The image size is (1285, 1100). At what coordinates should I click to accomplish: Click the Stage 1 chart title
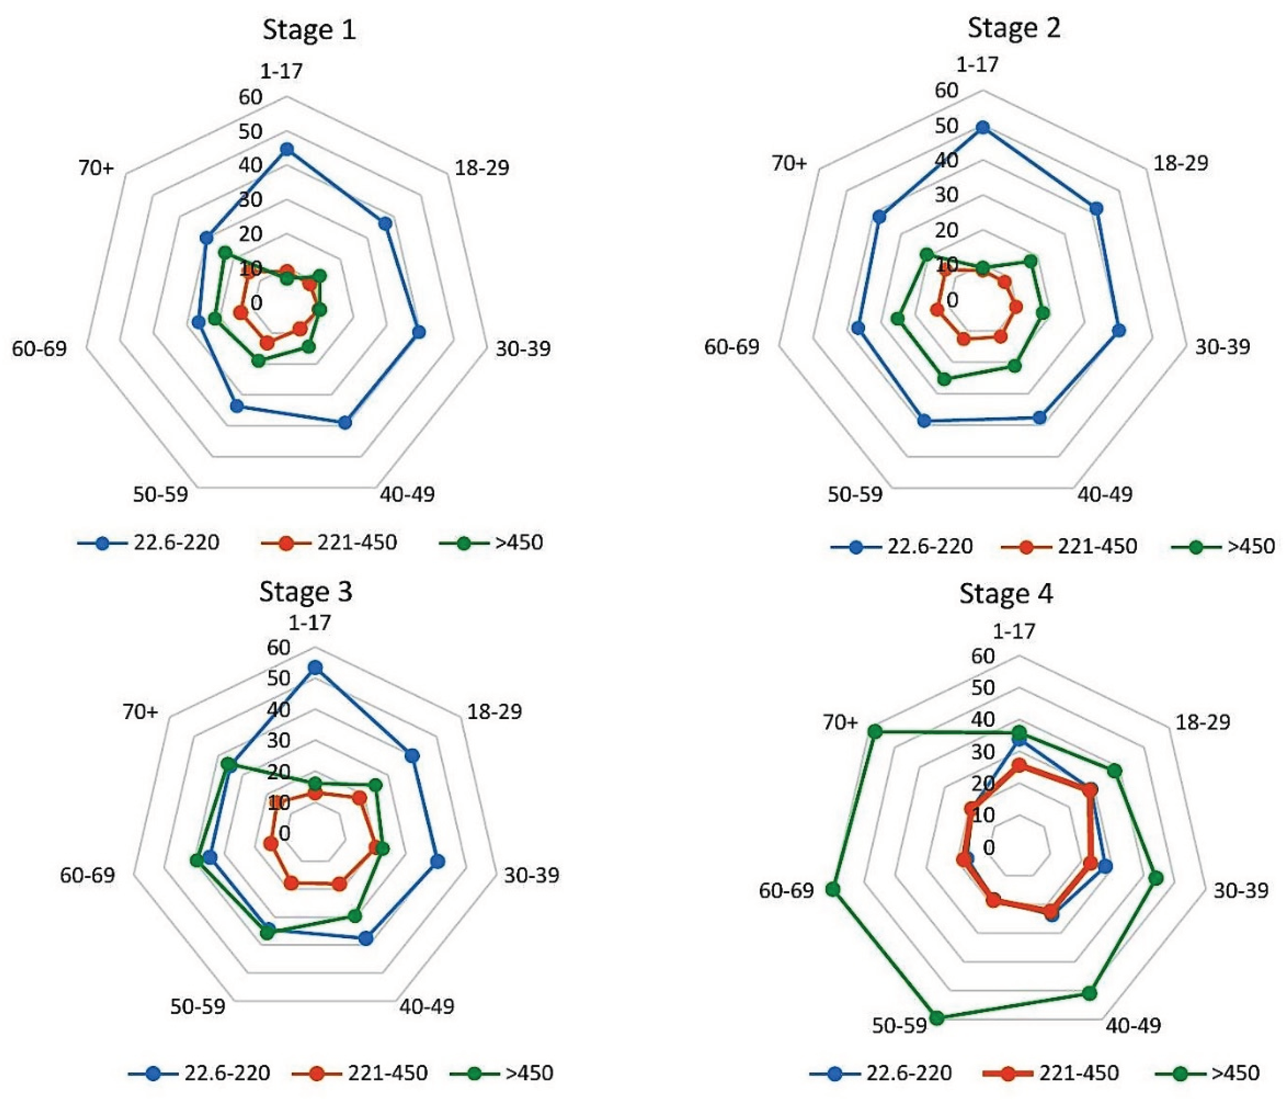(309, 30)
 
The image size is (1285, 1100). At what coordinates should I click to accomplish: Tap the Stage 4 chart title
(1005, 594)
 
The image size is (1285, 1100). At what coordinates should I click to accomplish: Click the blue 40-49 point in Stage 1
(345, 423)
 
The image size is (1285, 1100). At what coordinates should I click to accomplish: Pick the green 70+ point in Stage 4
(875, 732)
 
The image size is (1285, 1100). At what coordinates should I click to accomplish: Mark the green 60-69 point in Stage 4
(833, 890)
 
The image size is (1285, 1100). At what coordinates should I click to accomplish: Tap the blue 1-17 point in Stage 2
(983, 128)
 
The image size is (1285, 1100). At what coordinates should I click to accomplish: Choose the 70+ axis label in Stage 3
(140, 712)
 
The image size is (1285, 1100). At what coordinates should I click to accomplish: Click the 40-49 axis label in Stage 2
(1104, 494)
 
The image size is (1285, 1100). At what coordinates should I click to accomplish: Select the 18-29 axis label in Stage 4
(1202, 722)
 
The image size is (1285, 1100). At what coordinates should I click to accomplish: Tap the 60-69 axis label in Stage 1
(39, 349)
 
